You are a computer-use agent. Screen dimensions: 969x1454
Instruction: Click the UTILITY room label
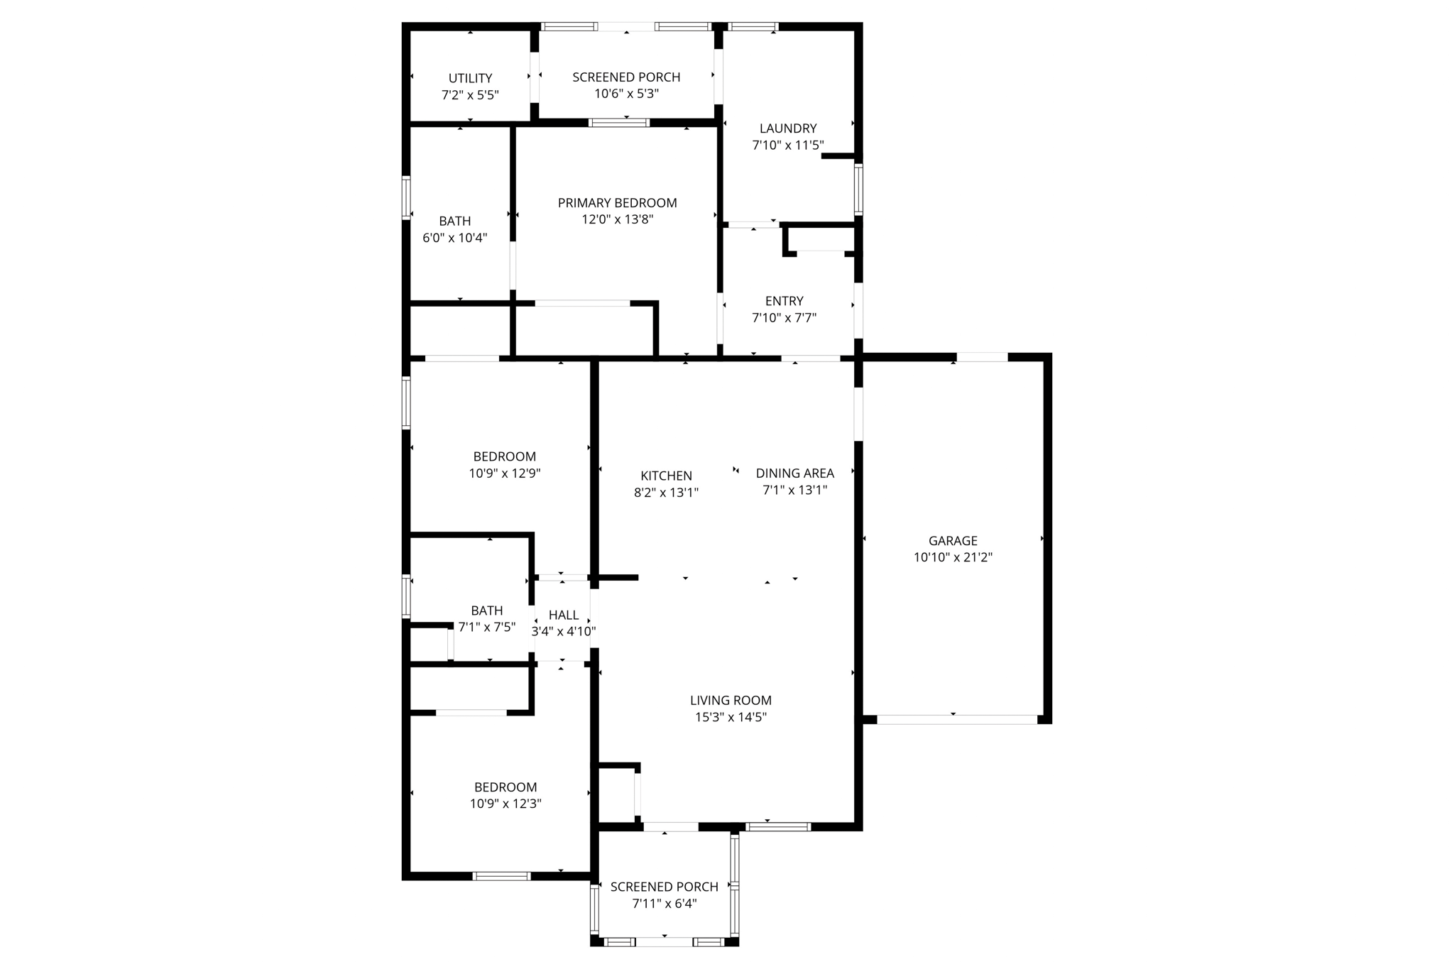(470, 78)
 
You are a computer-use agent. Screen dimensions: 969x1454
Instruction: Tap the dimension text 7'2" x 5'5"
(470, 95)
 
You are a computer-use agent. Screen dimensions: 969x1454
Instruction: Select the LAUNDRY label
(788, 128)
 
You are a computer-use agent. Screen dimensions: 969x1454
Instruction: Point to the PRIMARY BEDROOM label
(617, 203)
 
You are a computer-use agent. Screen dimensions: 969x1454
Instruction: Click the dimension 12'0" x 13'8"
(617, 220)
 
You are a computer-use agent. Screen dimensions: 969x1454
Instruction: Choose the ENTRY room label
(784, 301)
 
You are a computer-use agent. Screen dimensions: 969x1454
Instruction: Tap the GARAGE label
(953, 541)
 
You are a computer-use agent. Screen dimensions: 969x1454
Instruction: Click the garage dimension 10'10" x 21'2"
(953, 558)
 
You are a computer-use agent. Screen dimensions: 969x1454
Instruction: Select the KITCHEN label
(666, 476)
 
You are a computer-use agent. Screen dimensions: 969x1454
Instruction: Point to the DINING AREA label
(794, 473)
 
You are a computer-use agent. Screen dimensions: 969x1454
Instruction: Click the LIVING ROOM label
(731, 701)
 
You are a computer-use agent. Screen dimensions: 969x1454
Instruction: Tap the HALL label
(564, 615)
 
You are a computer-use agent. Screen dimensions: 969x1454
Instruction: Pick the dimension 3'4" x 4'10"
(564, 631)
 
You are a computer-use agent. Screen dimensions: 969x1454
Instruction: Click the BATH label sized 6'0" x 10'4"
(454, 221)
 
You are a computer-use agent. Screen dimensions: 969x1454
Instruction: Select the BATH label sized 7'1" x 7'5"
(487, 611)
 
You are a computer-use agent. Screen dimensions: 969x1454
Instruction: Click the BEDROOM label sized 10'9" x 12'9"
(505, 456)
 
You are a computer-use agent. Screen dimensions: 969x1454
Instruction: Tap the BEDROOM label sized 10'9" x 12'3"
(505, 787)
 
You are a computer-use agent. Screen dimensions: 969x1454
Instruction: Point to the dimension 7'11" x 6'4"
(665, 904)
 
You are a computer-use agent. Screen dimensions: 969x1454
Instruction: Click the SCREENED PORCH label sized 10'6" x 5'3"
(626, 77)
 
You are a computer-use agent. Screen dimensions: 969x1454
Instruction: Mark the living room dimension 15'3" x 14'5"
(731, 717)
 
